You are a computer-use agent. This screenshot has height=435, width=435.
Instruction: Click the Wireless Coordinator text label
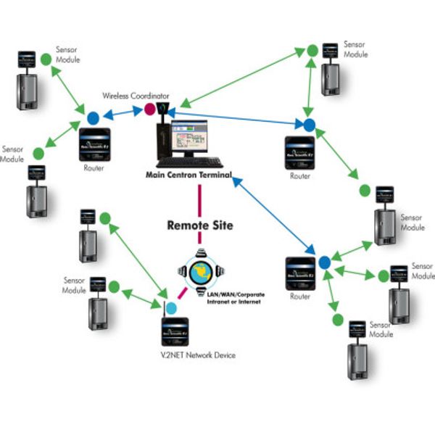pyautogui.click(x=136, y=95)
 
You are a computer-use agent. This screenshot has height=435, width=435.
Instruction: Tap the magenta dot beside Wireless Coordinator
pyautogui.click(x=150, y=109)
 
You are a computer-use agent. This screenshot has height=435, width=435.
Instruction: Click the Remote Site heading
pyautogui.click(x=200, y=225)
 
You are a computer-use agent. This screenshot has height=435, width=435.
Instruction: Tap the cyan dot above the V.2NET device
pyautogui.click(x=171, y=308)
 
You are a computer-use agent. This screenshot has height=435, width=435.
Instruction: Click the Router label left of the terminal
pyautogui.click(x=94, y=168)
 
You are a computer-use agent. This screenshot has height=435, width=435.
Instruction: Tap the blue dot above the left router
pyautogui.click(x=93, y=117)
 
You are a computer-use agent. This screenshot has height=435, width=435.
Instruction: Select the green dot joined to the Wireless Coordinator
pyautogui.click(x=312, y=51)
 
